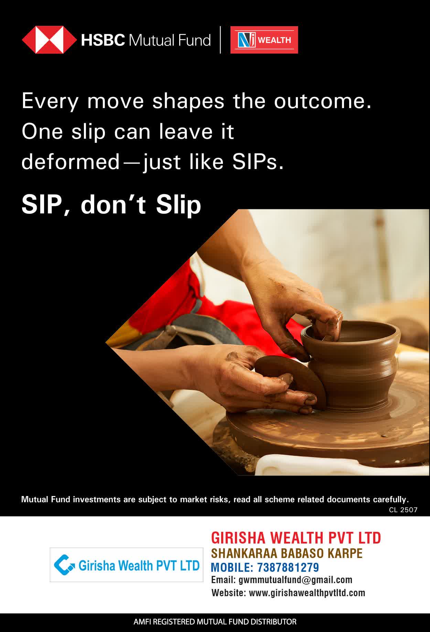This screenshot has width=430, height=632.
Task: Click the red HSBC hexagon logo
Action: pos(50,40)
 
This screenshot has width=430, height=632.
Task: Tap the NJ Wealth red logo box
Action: pos(264,40)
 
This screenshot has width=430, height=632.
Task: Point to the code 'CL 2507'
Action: pos(403,510)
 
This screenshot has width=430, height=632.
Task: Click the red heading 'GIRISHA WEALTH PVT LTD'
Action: pos(296,538)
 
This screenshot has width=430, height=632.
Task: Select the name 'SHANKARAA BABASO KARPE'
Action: pos(287,553)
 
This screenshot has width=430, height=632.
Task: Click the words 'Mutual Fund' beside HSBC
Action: pos(170,40)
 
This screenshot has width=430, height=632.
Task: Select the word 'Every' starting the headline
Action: pos(50,102)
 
